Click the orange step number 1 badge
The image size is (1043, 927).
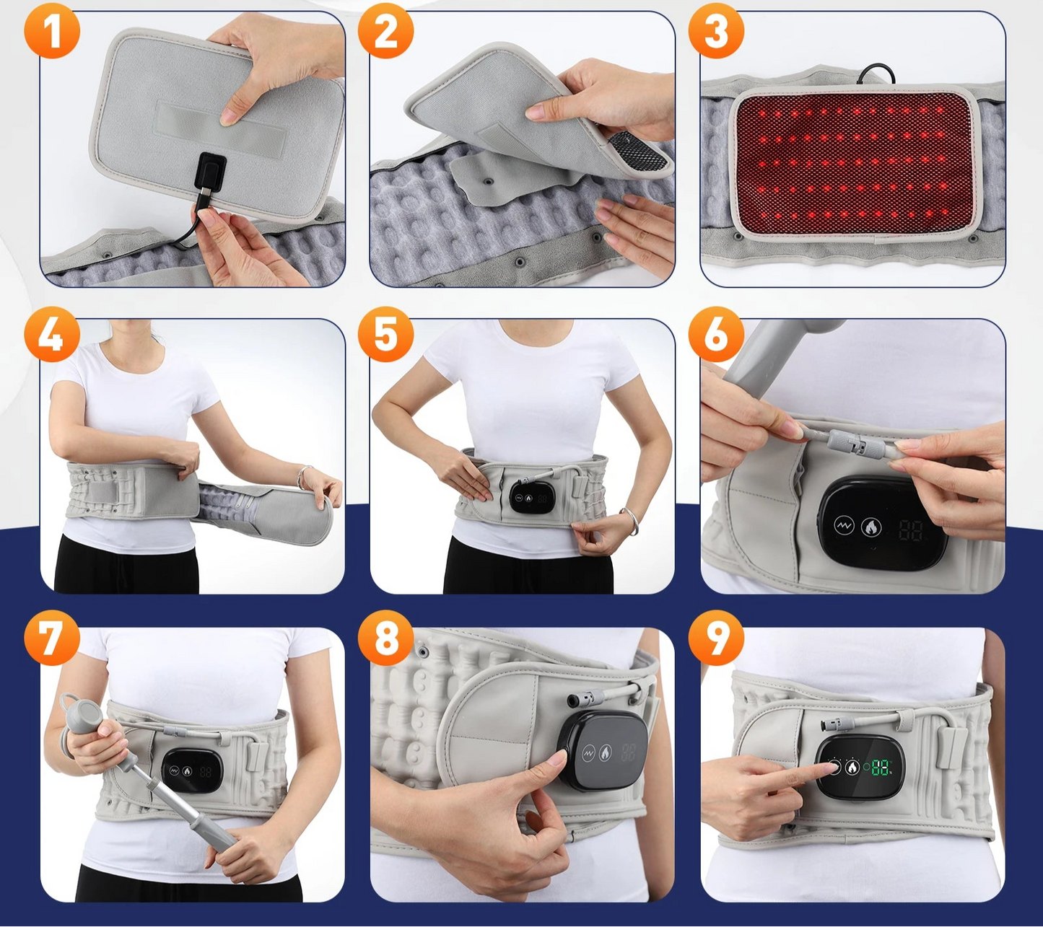coord(51,31)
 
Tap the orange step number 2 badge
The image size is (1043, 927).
coord(385,31)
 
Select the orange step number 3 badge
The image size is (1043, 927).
coord(715,31)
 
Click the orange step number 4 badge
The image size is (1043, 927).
coord(51,334)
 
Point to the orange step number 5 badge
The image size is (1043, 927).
coord(385,334)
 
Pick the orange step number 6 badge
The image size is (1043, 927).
coord(715,334)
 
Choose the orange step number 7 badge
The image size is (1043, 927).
coord(51,638)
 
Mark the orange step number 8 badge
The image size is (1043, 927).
coord(385,638)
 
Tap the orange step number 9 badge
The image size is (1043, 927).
coord(715,638)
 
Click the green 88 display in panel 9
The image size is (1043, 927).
coord(880,768)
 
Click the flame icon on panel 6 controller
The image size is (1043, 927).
coord(871,527)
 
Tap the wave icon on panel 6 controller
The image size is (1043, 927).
coord(844,525)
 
